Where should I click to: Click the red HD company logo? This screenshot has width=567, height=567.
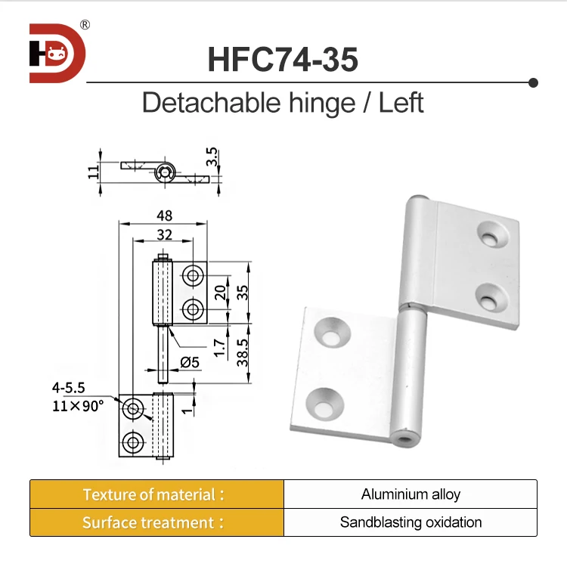(x=57, y=53)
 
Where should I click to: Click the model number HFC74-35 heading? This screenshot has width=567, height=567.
(x=282, y=60)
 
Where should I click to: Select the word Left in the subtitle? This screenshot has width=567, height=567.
(x=401, y=102)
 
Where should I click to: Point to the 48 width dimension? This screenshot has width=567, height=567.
(x=163, y=215)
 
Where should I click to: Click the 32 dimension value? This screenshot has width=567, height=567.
(x=163, y=234)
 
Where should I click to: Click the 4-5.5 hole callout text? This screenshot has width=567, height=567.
(x=69, y=388)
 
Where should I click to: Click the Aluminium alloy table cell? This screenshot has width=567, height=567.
(x=411, y=494)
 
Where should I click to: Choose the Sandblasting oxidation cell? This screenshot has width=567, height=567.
(x=411, y=522)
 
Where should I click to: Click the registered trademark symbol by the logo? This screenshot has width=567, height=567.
(x=85, y=25)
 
